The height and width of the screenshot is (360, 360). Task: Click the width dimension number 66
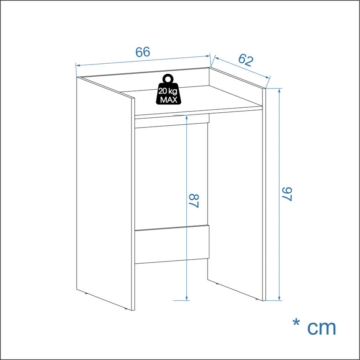[143, 52]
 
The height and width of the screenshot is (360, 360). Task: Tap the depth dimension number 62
[246, 60]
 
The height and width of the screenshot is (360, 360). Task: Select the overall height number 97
[287, 194]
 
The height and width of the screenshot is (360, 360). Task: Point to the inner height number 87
[194, 201]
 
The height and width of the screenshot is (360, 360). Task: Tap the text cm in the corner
[321, 328]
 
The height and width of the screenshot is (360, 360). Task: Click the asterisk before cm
[296, 323]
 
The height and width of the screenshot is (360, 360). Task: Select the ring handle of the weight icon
[168, 79]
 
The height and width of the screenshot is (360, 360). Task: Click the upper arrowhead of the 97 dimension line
[279, 91]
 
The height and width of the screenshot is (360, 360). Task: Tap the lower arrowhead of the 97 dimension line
[279, 298]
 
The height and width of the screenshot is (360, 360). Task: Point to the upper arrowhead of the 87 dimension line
[187, 117]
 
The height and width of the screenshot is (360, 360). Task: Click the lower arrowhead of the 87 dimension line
[187, 298]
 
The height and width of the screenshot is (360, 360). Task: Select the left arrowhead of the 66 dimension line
[78, 65]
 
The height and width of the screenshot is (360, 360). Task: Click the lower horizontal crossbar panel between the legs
[172, 244]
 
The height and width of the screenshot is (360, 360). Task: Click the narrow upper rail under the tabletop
[172, 121]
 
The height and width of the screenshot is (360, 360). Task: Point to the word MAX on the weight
[169, 100]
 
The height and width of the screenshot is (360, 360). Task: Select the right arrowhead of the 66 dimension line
[208, 56]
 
